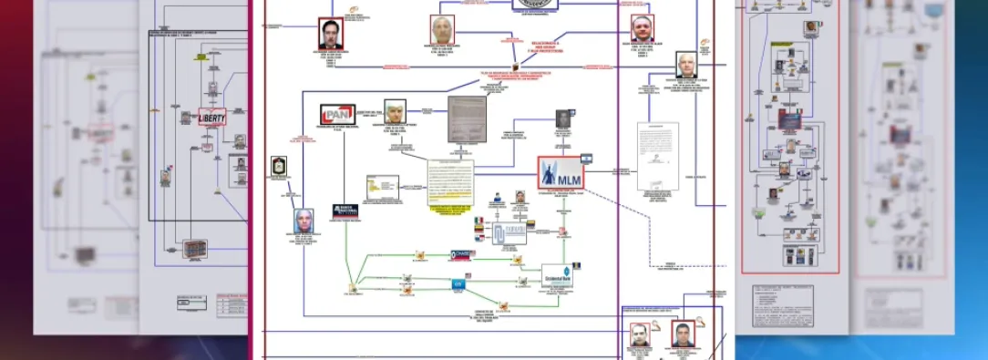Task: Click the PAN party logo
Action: click(337, 115)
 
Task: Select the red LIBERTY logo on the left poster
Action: click(211, 117)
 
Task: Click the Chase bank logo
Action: click(463, 255)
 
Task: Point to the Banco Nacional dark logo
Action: click(345, 211)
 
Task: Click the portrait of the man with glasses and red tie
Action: click(330, 34)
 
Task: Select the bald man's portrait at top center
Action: click(442, 30)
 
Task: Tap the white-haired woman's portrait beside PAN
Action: click(394, 113)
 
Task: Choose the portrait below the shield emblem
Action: click(304, 221)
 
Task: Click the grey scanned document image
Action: click(466, 119)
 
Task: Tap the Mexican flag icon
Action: click(479, 221)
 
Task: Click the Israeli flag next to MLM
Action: click(587, 159)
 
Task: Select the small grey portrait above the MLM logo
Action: click(562, 120)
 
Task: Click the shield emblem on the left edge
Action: click(279, 167)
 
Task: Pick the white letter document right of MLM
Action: click(657, 156)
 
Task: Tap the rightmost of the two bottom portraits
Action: click(683, 334)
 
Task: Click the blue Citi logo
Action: click(458, 283)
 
